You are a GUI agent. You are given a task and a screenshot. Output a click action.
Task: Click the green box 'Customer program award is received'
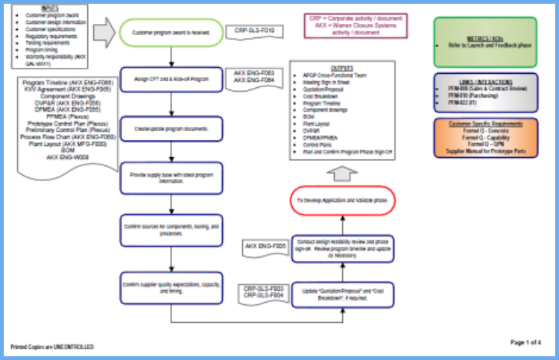(172, 33)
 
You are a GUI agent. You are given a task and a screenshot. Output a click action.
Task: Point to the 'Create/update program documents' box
(172, 128)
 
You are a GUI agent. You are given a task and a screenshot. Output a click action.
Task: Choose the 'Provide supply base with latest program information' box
(172, 178)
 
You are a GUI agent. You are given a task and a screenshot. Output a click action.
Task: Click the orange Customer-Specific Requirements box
(484, 137)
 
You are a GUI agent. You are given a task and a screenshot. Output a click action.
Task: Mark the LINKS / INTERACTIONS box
(484, 92)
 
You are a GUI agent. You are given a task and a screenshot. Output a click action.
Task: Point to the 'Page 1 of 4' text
(526, 342)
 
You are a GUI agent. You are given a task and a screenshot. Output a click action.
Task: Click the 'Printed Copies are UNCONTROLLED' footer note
(52, 347)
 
